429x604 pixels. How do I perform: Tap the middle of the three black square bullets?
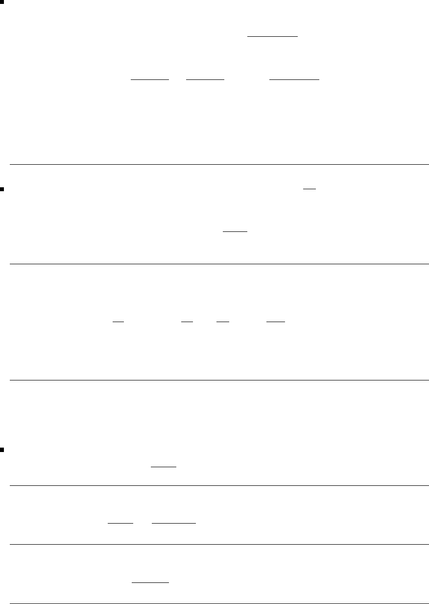click(x=2, y=188)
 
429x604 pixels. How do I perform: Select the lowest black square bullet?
click(x=2, y=449)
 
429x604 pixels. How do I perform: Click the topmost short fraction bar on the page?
click(x=272, y=36)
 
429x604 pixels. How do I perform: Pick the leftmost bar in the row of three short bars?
click(x=149, y=78)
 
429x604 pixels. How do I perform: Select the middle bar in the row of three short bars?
click(x=205, y=78)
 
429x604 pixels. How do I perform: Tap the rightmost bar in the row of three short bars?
click(x=294, y=78)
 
